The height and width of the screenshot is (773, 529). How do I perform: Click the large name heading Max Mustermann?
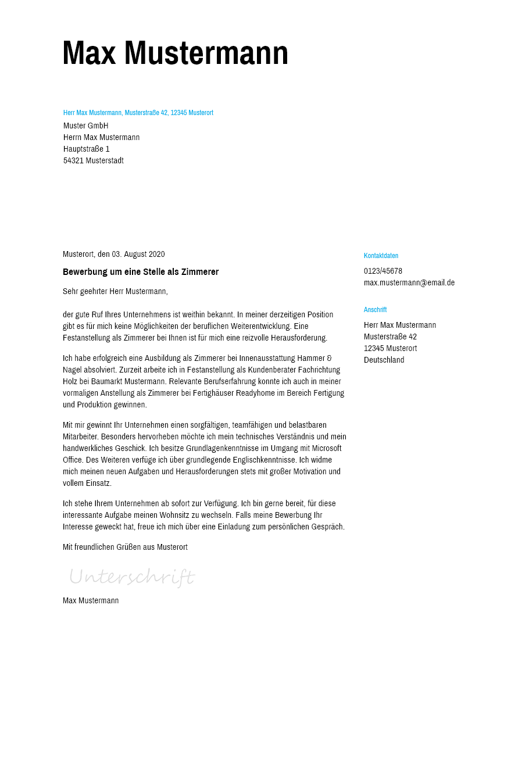175,53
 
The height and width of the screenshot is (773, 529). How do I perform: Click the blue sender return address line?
138,113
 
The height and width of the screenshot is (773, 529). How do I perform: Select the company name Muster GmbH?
86,126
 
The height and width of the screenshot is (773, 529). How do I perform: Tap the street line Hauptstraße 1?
87,149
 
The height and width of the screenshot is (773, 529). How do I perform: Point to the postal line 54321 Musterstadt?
94,160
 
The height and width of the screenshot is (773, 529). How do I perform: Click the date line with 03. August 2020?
114,254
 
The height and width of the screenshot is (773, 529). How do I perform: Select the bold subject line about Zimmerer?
141,272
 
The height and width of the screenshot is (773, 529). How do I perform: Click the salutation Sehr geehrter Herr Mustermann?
115,291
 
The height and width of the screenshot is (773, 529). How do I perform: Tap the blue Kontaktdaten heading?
381,256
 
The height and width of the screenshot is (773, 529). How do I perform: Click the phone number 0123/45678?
383,271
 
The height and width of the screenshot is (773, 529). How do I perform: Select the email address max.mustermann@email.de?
409,282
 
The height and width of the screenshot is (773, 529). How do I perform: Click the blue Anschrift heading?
375,310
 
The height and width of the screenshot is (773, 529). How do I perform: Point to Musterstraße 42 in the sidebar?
390,337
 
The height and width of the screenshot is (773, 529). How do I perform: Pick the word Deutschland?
384,360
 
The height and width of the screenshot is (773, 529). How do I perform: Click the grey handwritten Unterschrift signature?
131,577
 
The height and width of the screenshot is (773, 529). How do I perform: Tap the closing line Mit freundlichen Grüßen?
125,547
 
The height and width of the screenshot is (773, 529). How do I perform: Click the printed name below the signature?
91,600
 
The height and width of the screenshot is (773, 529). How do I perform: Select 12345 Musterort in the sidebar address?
390,348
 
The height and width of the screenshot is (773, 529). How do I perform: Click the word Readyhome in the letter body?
254,393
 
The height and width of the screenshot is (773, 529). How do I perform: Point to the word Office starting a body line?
73,460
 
